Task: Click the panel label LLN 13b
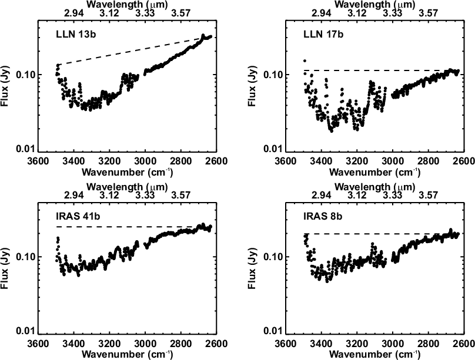(66, 34)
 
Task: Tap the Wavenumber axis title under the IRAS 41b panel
(126, 354)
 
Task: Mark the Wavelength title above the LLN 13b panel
(126, 5)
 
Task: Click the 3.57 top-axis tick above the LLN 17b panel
(430, 14)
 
